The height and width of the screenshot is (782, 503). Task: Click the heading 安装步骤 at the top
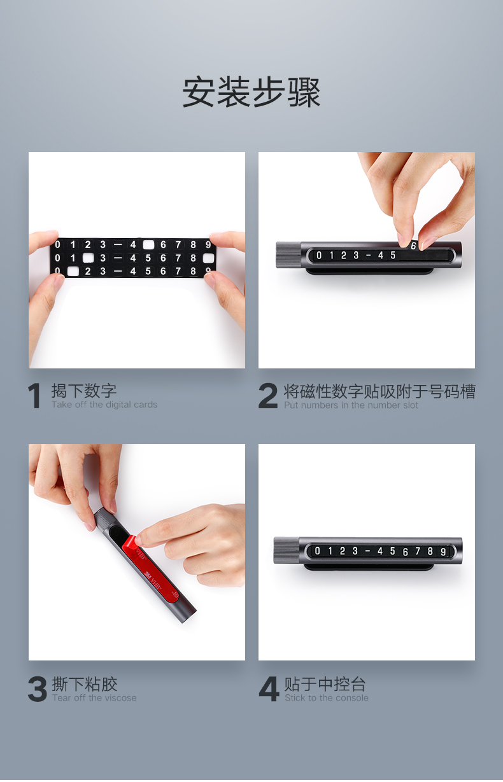(x=251, y=92)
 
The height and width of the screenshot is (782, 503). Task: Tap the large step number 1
(x=35, y=395)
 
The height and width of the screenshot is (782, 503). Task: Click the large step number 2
(x=268, y=396)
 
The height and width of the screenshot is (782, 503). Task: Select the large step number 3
(x=38, y=689)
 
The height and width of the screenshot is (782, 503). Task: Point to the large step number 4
(x=269, y=689)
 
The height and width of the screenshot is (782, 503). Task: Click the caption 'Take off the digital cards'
(x=104, y=405)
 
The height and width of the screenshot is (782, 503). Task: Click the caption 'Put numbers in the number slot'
(x=351, y=405)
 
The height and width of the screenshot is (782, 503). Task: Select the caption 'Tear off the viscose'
(x=94, y=698)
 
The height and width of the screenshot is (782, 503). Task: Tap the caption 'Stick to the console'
(x=327, y=698)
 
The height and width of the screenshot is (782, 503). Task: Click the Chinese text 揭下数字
(x=84, y=391)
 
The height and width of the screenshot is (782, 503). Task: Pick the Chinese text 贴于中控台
(x=325, y=684)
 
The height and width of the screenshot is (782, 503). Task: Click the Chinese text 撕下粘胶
(x=85, y=684)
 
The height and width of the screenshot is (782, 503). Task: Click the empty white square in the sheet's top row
(x=148, y=245)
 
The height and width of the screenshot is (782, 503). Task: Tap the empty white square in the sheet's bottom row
(x=73, y=271)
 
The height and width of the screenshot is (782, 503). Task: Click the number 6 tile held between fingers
(x=413, y=246)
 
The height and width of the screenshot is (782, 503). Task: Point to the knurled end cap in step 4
(x=287, y=550)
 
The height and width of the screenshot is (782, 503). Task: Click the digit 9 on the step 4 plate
(x=443, y=552)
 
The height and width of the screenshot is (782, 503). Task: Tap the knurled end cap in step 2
(x=288, y=255)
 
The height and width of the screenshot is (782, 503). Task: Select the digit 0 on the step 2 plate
(x=319, y=256)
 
